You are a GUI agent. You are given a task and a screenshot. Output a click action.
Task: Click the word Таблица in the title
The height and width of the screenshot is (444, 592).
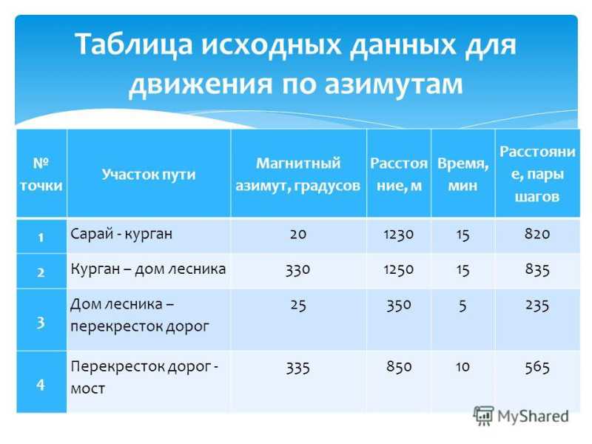(x=135, y=44)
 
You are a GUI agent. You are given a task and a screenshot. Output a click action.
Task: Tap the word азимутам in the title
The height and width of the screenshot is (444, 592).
(x=394, y=84)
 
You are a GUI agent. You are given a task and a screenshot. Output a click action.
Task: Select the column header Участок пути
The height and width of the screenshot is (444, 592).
(x=149, y=175)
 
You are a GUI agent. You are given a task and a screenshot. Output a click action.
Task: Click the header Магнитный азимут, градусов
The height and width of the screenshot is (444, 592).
(x=298, y=175)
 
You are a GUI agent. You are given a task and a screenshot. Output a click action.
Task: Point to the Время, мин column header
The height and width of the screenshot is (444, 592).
(x=463, y=175)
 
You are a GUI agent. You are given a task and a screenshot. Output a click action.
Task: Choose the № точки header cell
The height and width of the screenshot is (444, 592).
(x=41, y=175)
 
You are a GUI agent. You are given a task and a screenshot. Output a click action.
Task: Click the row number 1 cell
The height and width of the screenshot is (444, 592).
(x=41, y=237)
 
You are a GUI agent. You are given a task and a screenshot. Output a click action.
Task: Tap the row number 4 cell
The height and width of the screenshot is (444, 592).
(x=41, y=384)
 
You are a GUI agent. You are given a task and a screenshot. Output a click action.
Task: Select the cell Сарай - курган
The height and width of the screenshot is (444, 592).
(x=121, y=234)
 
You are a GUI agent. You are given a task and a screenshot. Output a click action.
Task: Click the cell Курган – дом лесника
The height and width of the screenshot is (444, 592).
(x=148, y=269)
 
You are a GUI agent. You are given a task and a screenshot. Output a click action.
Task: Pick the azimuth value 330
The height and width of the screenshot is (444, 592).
(x=298, y=269)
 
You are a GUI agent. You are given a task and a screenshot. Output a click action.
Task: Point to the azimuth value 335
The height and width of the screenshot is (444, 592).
(x=298, y=367)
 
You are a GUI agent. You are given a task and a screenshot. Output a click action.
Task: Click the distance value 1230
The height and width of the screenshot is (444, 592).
(x=399, y=234)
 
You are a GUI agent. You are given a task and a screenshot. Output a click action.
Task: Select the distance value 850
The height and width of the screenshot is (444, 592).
(x=399, y=366)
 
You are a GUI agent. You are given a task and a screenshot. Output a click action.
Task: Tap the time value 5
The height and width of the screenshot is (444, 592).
(x=463, y=306)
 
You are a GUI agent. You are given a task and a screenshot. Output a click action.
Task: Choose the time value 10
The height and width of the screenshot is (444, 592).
(x=463, y=366)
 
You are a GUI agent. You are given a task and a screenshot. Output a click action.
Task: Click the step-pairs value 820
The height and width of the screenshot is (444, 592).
(x=537, y=234)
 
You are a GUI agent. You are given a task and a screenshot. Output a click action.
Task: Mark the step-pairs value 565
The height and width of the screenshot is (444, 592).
(x=537, y=367)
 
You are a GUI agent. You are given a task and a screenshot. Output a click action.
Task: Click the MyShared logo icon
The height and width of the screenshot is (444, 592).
(x=484, y=416)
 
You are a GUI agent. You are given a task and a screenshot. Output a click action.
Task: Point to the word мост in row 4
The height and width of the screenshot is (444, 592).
(x=88, y=388)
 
